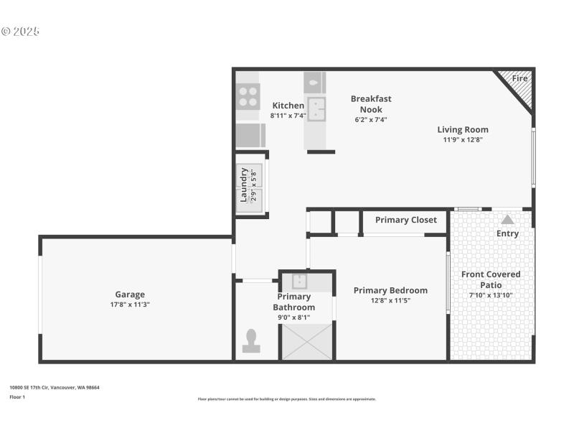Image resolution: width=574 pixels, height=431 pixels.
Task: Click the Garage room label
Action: (130, 295)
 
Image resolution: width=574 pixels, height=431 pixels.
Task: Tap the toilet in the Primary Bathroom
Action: (251, 340)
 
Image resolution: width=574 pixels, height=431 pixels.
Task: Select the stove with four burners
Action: (248, 96)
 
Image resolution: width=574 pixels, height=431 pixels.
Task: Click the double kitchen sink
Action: (315, 109)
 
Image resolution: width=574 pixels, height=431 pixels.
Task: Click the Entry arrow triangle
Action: (507, 220)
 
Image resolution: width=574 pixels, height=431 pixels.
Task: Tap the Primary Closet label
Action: (405, 220)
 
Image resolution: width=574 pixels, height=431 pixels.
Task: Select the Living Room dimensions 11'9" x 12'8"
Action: (463, 140)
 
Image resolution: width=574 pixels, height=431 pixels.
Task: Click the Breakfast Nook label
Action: (371, 104)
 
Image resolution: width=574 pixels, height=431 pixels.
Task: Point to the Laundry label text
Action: (244, 185)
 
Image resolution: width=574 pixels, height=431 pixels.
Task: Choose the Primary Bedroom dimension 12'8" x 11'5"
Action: (390, 301)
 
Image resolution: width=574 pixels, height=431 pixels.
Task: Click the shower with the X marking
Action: (307, 341)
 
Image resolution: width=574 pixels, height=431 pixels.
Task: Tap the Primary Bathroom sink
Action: (299, 282)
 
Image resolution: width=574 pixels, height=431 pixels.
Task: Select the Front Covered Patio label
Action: (491, 279)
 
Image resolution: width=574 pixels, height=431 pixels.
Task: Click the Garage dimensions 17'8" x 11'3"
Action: (130, 305)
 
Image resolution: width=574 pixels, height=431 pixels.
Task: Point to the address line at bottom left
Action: (55, 388)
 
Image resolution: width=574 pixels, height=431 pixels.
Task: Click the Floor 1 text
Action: (17, 397)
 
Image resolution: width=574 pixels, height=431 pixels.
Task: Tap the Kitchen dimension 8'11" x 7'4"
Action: (288, 116)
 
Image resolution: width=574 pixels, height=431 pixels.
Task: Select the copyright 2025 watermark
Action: (20, 32)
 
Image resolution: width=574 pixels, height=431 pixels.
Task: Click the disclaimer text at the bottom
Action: (287, 399)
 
